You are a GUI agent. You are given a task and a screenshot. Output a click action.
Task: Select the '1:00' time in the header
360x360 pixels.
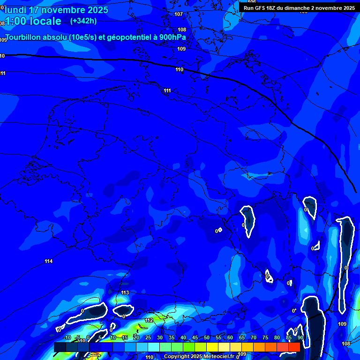click(x=14, y=21)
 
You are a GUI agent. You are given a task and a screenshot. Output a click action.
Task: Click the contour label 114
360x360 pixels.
click(x=49, y=261)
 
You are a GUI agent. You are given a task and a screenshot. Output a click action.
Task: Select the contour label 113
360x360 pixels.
click(x=125, y=293)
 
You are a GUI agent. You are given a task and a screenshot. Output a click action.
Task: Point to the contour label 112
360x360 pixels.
click(x=149, y=320)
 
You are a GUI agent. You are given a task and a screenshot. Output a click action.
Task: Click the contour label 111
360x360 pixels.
click(x=167, y=90)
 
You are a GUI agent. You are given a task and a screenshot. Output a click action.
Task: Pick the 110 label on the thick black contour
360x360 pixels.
click(x=179, y=69)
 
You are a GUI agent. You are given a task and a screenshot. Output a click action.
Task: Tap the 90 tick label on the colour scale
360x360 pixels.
click(x=300, y=338)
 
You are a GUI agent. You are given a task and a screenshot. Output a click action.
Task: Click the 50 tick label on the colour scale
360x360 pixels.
click(x=206, y=338)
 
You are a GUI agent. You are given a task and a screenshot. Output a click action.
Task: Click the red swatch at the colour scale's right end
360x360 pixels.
click(x=294, y=347)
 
